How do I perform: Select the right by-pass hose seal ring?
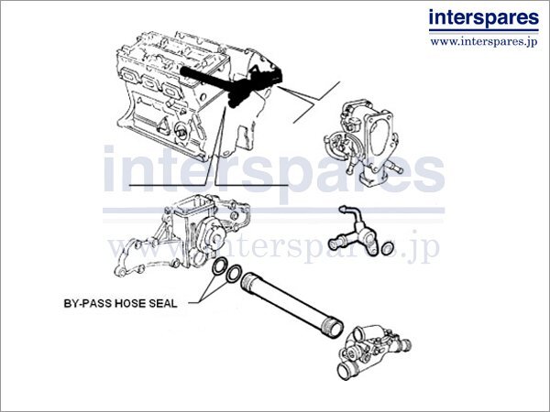click(x=235, y=275)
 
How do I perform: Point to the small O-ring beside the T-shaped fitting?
click(x=388, y=247)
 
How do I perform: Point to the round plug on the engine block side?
click(x=184, y=136)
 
